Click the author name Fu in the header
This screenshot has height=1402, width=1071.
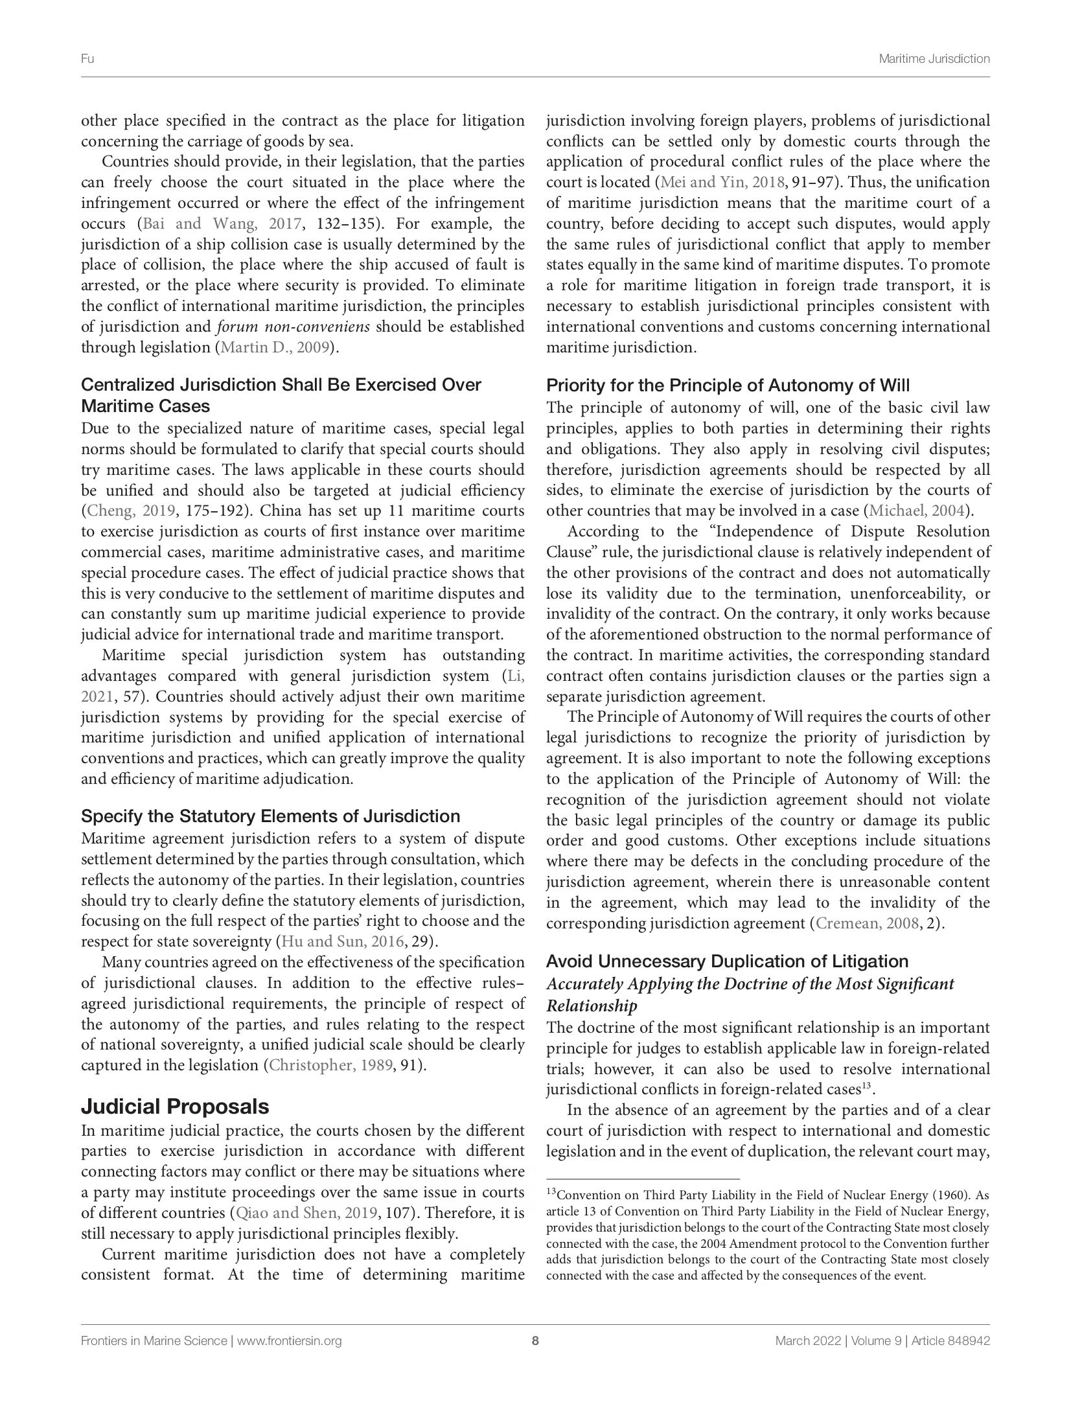[x=87, y=59]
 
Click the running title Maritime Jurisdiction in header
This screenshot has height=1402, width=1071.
[x=934, y=59]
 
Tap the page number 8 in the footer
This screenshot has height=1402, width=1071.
[x=535, y=1341]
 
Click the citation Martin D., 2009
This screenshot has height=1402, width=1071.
[x=276, y=347]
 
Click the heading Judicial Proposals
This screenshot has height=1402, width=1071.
[x=174, y=1106]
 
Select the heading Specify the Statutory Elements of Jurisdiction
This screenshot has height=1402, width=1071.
[x=270, y=816]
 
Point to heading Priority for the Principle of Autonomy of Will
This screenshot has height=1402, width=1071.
[x=728, y=386]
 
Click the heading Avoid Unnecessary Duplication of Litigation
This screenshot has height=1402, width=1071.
[x=727, y=961]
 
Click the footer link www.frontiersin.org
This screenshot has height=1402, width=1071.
[x=289, y=1341]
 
